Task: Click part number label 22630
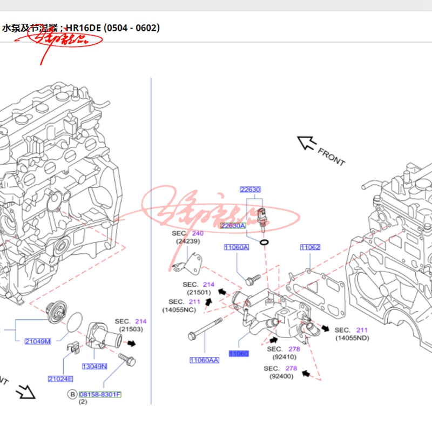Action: coord(251,190)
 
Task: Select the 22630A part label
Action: coord(233,226)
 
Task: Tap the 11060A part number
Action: coord(237,247)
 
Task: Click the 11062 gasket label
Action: coord(310,247)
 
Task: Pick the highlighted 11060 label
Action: coord(239,354)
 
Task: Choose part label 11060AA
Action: coord(204,360)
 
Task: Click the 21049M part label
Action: coord(38,341)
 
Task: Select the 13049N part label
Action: coord(94,366)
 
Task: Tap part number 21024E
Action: coord(60,379)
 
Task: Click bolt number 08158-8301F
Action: coord(100,394)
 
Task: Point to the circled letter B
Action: coord(72,394)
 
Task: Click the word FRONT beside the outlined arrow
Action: coord(331,156)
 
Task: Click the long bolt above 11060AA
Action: coord(205,329)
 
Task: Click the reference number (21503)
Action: coord(131,329)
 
